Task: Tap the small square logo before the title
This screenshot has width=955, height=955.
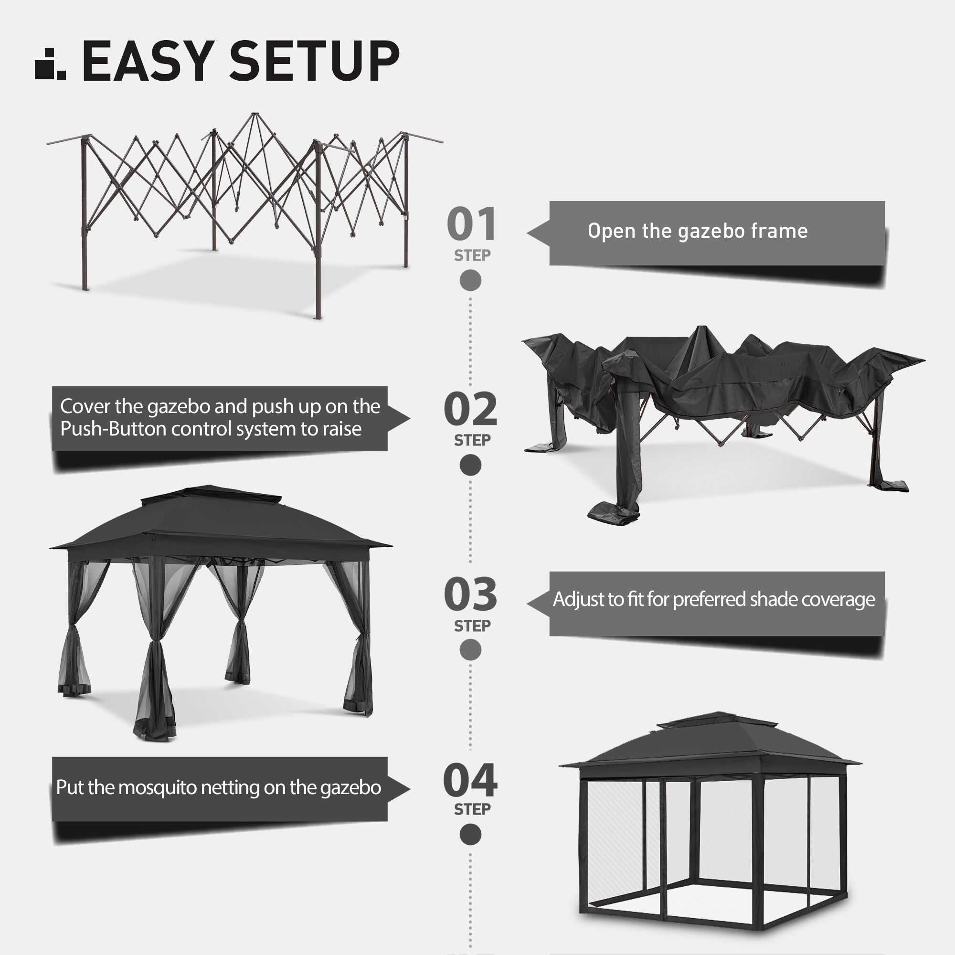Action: pyautogui.click(x=50, y=64)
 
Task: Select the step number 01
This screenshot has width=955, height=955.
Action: pyautogui.click(x=471, y=224)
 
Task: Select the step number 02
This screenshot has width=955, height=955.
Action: pyautogui.click(x=470, y=409)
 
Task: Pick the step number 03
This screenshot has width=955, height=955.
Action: pyautogui.click(x=470, y=594)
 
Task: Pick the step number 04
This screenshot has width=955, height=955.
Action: pyautogui.click(x=470, y=781)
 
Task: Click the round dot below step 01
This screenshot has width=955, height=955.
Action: pyautogui.click(x=470, y=280)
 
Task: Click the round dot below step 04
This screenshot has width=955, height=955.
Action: pyautogui.click(x=470, y=835)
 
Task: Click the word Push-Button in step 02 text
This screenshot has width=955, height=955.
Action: pyautogui.click(x=113, y=429)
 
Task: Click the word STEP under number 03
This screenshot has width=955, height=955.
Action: pyautogui.click(x=472, y=626)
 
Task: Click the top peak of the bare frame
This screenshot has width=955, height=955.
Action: pyautogui.click(x=255, y=115)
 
